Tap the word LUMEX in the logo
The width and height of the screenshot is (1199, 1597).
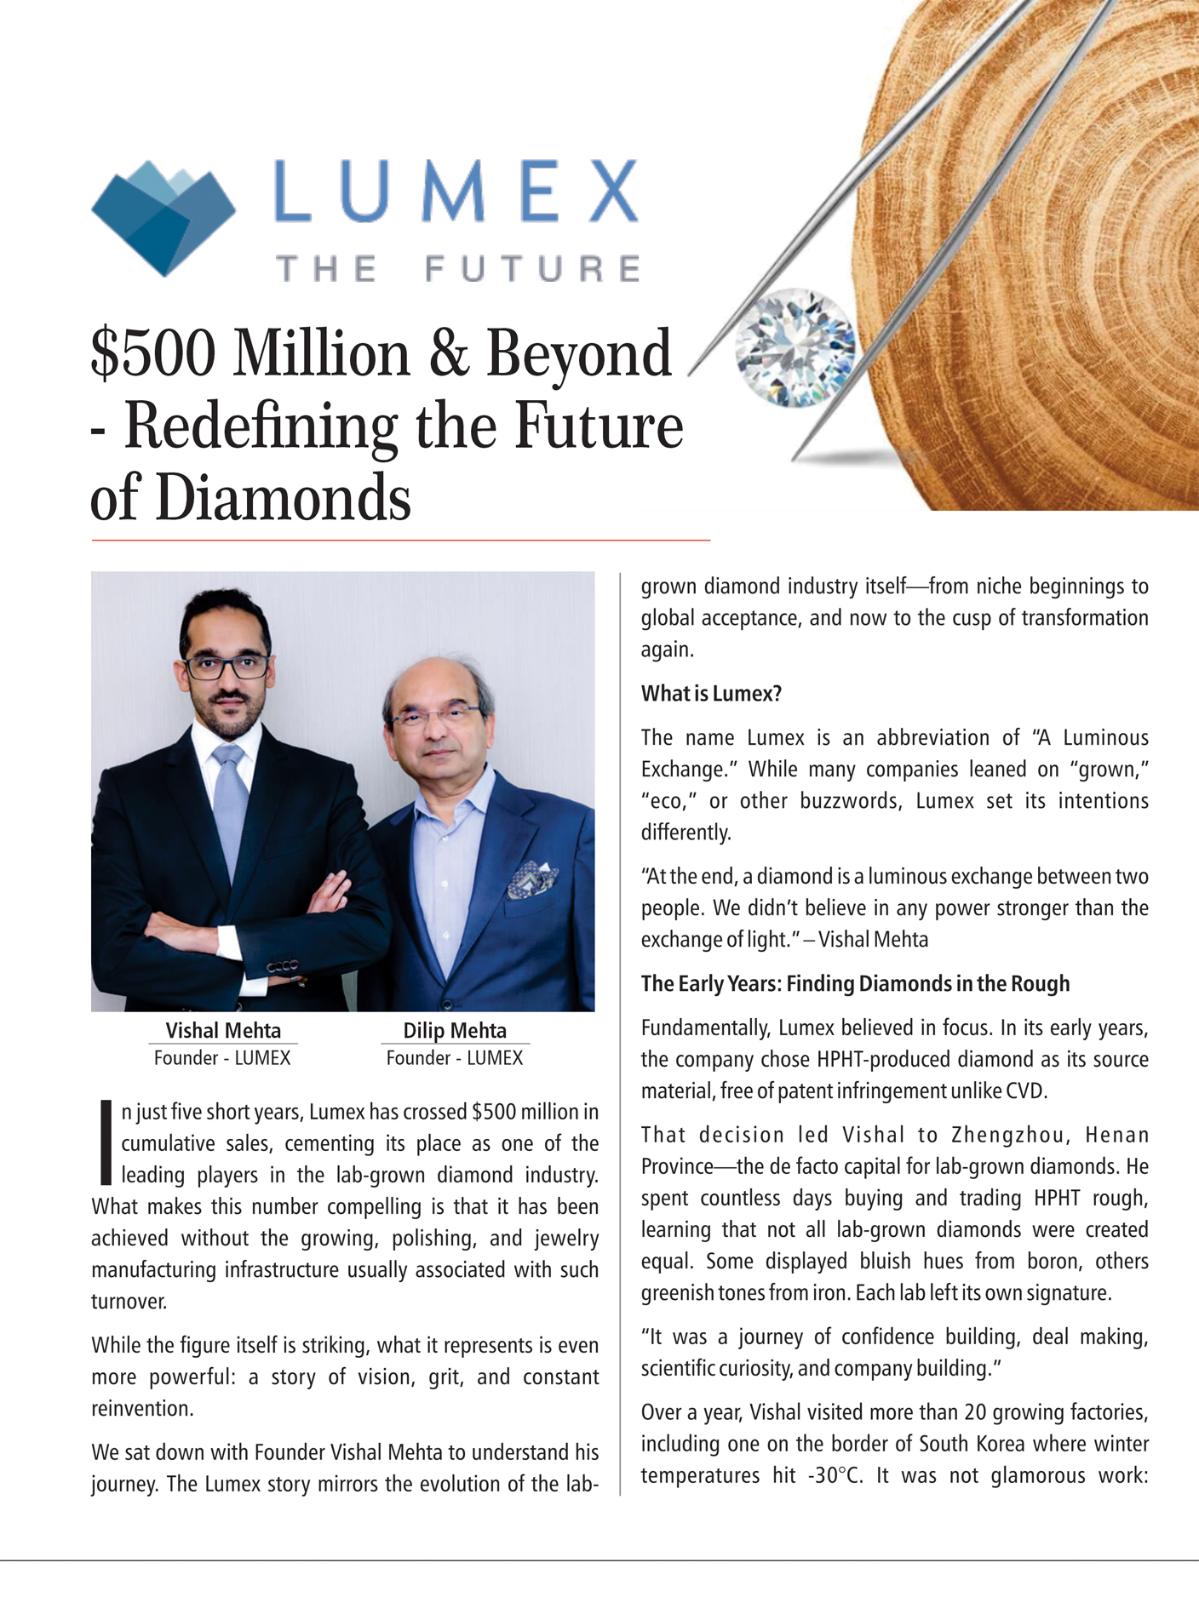click(456, 192)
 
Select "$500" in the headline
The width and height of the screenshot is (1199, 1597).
click(153, 353)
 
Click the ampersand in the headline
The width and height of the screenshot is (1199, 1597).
click(447, 353)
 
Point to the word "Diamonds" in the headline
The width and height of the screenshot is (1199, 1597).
click(284, 499)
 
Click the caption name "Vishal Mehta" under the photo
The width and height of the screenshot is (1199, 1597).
click(223, 1031)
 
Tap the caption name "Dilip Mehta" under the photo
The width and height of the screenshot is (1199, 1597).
click(455, 1031)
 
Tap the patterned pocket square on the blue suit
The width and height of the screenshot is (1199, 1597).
click(531, 879)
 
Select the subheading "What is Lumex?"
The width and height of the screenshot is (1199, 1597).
click(711, 694)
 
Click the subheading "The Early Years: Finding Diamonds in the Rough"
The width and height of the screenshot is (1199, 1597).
click(855, 984)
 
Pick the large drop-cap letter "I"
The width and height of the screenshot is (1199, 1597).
click(106, 1142)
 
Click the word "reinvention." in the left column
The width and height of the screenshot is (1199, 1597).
click(142, 1409)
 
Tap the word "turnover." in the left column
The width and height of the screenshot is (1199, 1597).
click(129, 1302)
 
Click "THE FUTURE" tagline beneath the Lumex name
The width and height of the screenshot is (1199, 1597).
click(457, 269)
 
